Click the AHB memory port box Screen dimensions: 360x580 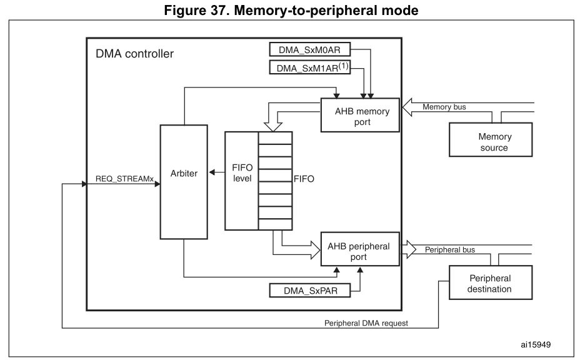coord(359,116)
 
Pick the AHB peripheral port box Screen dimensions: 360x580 coord(359,249)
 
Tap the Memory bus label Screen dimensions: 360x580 coord(444,107)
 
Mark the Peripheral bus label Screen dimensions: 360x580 coord(449,250)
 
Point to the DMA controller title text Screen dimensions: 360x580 coord(134,54)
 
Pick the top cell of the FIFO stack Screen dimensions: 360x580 coord(275,138)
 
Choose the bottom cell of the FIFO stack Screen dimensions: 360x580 coord(275,224)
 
